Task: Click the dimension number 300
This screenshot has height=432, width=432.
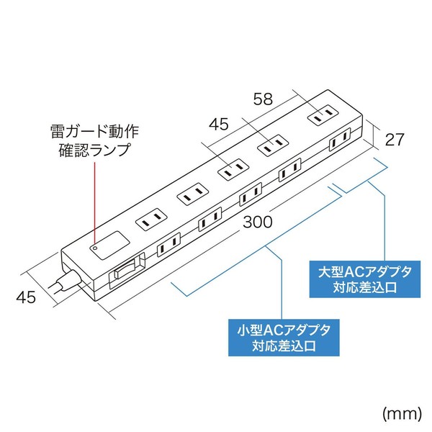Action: tap(258, 222)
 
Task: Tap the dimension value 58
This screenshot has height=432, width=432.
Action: tap(263, 99)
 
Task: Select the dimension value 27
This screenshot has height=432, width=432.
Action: tap(395, 140)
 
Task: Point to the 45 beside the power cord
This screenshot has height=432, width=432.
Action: tap(26, 297)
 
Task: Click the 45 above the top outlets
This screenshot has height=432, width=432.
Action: tap(219, 125)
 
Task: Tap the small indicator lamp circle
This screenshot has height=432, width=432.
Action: tap(95, 248)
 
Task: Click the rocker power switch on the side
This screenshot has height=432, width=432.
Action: tap(127, 271)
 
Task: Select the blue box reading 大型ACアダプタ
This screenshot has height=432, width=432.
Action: tap(365, 279)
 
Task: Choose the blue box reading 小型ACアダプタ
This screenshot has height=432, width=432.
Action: tap(284, 338)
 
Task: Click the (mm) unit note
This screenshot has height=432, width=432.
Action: tap(402, 414)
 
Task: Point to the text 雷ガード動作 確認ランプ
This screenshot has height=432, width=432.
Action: tap(94, 141)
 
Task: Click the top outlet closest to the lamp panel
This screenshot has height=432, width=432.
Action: tap(152, 220)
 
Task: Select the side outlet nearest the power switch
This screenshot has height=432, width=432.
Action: tap(168, 245)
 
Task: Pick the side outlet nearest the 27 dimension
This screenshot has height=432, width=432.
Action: tap(340, 139)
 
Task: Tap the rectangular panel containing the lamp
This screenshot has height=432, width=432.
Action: tap(109, 246)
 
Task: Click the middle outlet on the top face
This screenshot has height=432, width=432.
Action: tap(233, 169)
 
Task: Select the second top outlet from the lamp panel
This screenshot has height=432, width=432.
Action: tap(192, 194)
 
